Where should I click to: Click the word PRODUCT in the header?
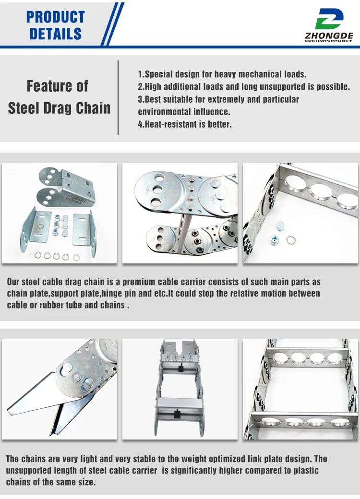pyautogui.click(x=56, y=17)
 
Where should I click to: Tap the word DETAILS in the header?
pyautogui.click(x=56, y=34)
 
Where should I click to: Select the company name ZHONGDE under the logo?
pyautogui.click(x=329, y=36)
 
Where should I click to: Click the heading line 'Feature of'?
pyautogui.click(x=58, y=86)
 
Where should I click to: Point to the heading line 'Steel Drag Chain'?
pyautogui.click(x=59, y=107)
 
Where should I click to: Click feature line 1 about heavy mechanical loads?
pyautogui.click(x=222, y=74)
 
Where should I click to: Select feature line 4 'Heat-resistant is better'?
pyautogui.click(x=185, y=124)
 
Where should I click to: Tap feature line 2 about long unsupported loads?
pyautogui.click(x=244, y=87)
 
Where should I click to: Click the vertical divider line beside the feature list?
pyautogui.click(x=118, y=98)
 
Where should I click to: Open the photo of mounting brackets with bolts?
pyautogui.click(x=60, y=213)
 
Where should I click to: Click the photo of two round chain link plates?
pyautogui.click(x=180, y=213)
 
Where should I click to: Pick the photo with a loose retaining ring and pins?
pyautogui.click(x=300, y=213)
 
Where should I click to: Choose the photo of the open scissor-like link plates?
pyautogui.click(x=60, y=390)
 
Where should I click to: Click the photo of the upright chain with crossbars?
pyautogui.click(x=180, y=390)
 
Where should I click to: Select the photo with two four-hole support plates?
pyautogui.click(x=300, y=390)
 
